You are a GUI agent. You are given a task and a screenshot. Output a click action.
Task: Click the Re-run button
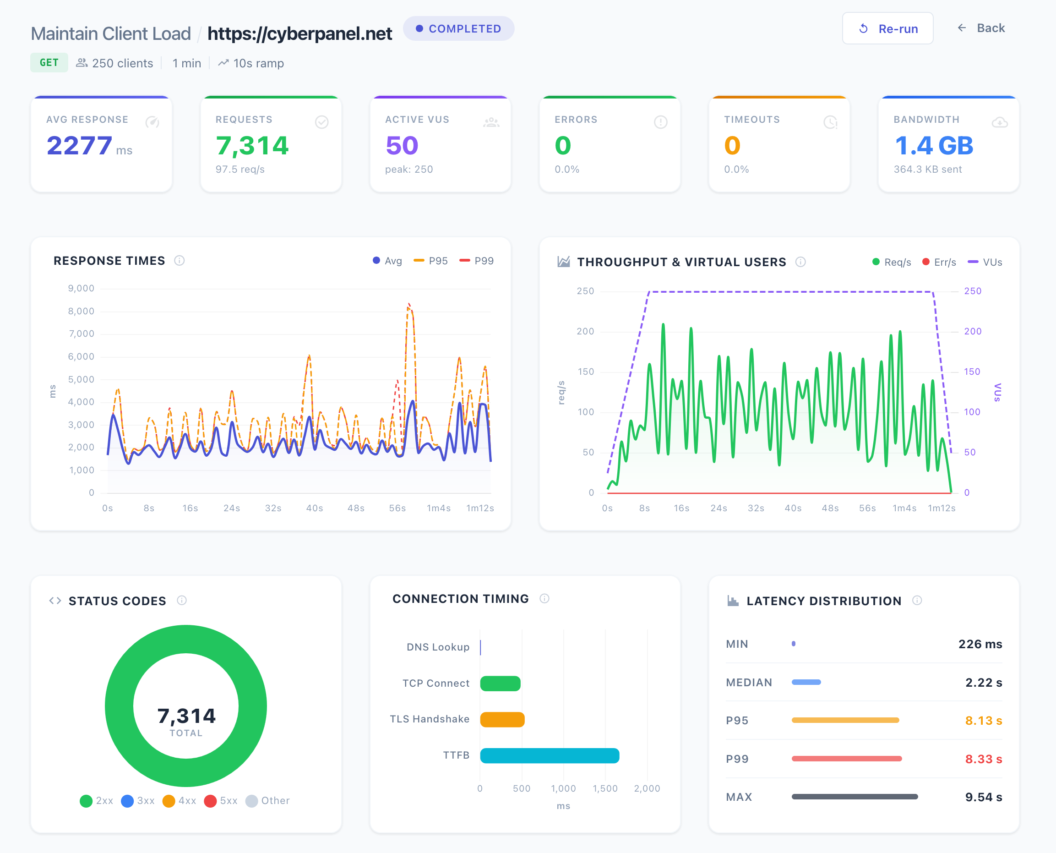[x=887, y=28]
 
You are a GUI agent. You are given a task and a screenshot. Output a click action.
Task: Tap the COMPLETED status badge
[x=458, y=28]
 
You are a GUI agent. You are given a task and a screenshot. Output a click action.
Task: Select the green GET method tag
[x=49, y=63]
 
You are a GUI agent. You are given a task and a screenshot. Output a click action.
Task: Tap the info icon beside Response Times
[x=179, y=260]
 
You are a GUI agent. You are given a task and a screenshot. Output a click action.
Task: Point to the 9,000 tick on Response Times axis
[x=81, y=289]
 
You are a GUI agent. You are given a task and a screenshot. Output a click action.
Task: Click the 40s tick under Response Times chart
[x=314, y=508]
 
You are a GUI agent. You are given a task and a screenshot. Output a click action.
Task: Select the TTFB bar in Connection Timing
[x=549, y=755]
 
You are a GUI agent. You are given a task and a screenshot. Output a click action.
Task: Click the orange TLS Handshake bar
[x=502, y=719]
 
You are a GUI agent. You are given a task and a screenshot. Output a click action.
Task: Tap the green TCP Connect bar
[x=500, y=683]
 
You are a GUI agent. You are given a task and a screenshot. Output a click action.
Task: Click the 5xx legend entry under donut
[x=221, y=800]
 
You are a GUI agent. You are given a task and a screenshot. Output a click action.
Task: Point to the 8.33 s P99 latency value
[x=983, y=759]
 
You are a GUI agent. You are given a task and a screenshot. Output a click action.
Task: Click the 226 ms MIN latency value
[x=980, y=644]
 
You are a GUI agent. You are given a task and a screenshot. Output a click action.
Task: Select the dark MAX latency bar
[x=854, y=797]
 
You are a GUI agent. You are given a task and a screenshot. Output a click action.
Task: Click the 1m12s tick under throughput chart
[x=941, y=508]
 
